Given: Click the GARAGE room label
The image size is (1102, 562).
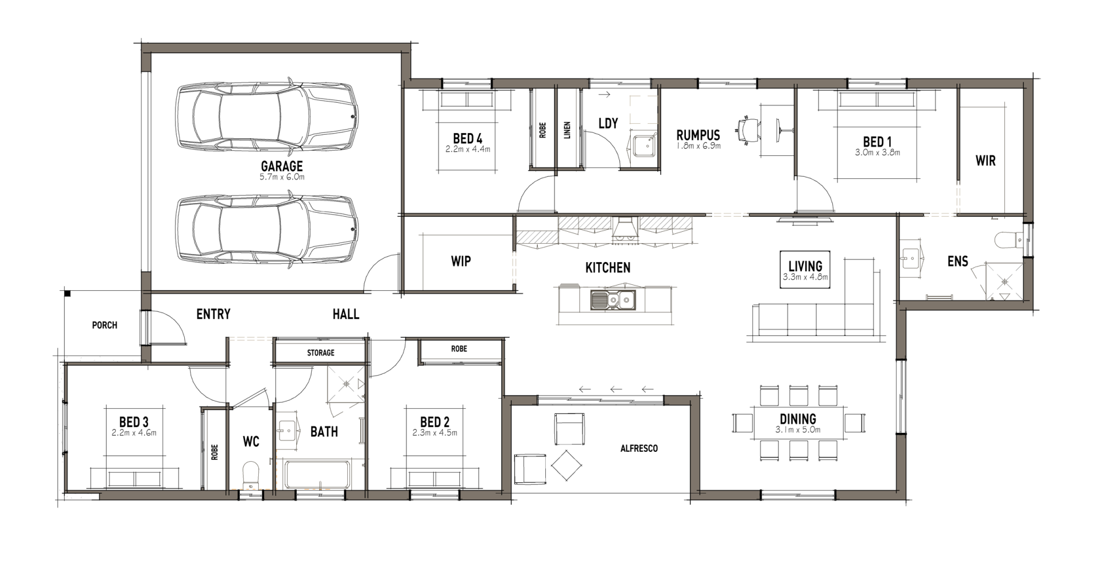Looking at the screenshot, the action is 282,166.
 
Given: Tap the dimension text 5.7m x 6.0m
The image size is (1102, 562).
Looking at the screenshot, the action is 282,177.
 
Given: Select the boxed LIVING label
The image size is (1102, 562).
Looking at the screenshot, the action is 805,269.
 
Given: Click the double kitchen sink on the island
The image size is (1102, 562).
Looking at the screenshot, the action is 612,299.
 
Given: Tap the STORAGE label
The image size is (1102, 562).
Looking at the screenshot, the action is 320,353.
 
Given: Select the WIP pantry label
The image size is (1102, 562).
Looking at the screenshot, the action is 461,261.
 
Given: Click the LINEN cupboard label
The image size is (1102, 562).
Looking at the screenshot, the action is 567,130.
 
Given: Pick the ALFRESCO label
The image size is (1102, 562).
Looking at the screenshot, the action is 639,448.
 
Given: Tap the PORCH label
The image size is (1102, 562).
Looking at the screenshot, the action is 104,325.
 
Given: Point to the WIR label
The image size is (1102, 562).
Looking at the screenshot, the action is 985,161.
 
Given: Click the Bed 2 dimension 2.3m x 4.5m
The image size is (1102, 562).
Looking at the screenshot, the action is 434,433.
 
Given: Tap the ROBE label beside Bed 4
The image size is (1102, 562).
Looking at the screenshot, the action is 542,130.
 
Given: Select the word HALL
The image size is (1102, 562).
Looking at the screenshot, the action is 346,314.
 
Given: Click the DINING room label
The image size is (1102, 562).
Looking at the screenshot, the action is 798,419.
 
